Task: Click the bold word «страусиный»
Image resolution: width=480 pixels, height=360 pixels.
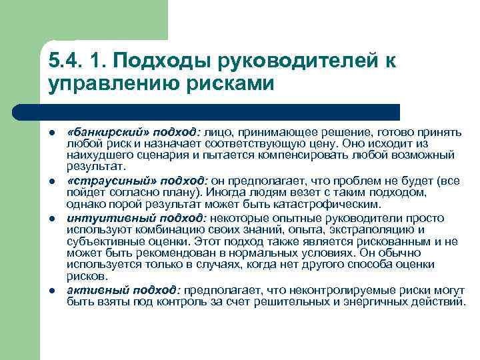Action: tap(96, 181)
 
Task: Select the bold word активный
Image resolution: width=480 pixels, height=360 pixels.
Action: tap(91, 291)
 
